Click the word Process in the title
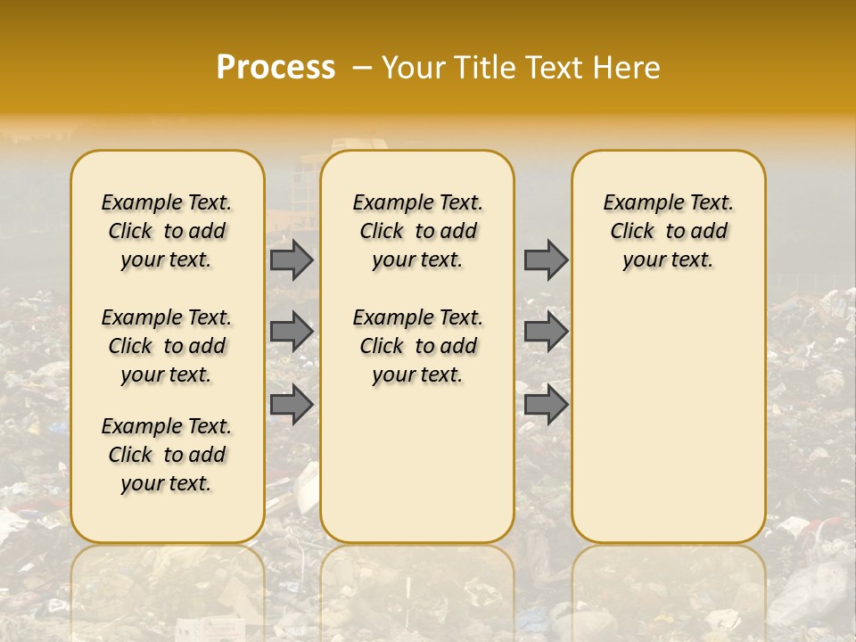tap(276, 67)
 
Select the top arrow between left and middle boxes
tap(292, 260)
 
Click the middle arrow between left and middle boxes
tap(292, 332)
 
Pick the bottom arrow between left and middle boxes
tap(292, 405)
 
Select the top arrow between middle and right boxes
tap(546, 260)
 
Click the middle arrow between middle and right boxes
tap(546, 332)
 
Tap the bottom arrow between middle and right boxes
tap(546, 405)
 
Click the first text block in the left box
tap(167, 231)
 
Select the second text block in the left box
tap(167, 346)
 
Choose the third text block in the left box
tap(167, 455)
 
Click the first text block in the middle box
tap(417, 231)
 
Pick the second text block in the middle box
tap(417, 346)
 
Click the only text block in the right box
tap(668, 231)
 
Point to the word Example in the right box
tap(635, 203)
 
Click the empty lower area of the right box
tap(668, 419)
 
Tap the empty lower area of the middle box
tap(417, 464)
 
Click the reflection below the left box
tap(167, 588)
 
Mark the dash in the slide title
tap(362, 67)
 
